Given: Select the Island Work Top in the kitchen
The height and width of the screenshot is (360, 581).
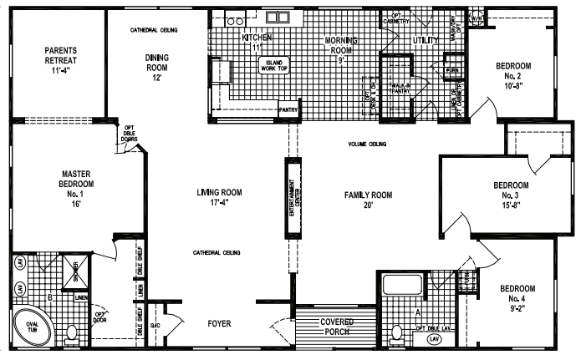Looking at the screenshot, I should (x=274, y=66).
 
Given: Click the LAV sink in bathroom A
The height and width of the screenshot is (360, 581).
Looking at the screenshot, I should (x=433, y=339).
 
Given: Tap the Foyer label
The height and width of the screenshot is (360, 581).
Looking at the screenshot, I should (x=219, y=323).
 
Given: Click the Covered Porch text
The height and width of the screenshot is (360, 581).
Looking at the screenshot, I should (x=331, y=327).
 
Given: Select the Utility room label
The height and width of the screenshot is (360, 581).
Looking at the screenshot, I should (x=426, y=39).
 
